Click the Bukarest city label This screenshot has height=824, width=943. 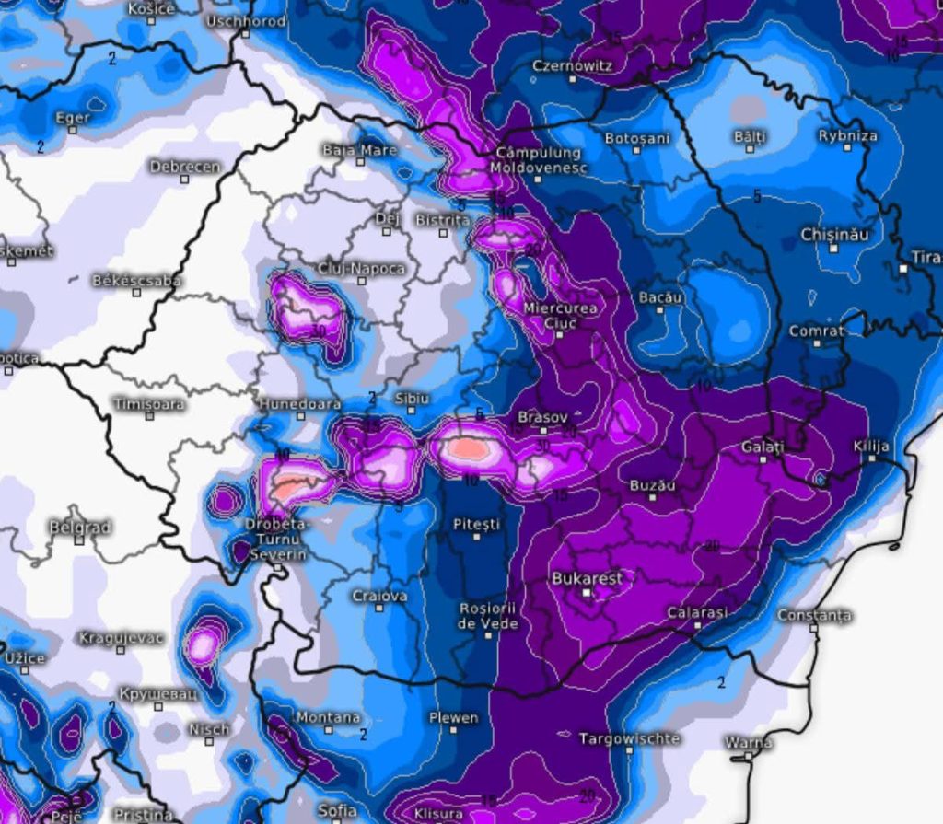pyautogui.click(x=587, y=578)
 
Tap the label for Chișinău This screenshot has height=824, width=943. pyautogui.click(x=834, y=234)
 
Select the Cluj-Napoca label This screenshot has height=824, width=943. pyautogui.click(x=362, y=268)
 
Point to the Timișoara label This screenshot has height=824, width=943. pyautogui.click(x=149, y=403)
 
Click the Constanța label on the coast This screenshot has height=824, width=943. pyautogui.click(x=814, y=614)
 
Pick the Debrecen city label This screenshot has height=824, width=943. pyautogui.click(x=185, y=167)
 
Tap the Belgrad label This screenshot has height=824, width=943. pyautogui.click(x=80, y=528)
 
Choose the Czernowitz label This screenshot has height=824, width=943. pyautogui.click(x=572, y=66)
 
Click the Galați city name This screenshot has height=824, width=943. pyautogui.click(x=763, y=447)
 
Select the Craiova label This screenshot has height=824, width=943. pyautogui.click(x=379, y=596)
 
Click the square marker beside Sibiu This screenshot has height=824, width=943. pyautogui.click(x=410, y=412)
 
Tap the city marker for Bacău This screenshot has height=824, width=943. pyautogui.click(x=660, y=310)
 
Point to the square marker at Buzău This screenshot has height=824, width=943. pyautogui.click(x=652, y=497)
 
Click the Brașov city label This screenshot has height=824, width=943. pyautogui.click(x=542, y=416)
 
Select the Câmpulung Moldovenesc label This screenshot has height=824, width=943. pyautogui.click(x=538, y=160)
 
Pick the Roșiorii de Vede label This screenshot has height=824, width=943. pyautogui.click(x=488, y=616)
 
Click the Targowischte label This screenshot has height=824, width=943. pyautogui.click(x=629, y=738)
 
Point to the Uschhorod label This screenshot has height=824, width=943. pyautogui.click(x=246, y=21)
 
